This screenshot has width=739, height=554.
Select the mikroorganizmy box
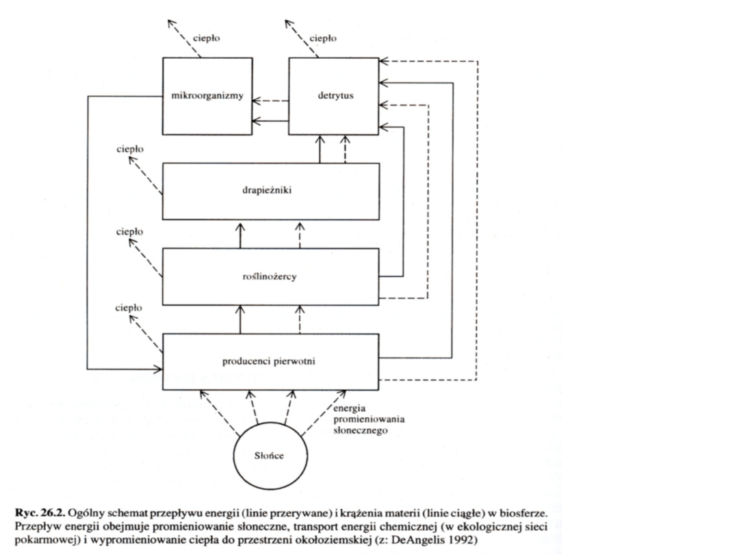[206, 96]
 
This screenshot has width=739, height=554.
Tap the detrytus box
[334, 96]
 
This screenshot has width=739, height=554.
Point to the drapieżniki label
[270, 191]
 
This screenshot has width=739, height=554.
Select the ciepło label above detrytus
[323, 38]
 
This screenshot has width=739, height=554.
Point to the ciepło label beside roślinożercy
[129, 231]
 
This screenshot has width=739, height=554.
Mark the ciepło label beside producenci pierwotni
[129, 308]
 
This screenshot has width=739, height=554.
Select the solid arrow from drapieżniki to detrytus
[319, 149]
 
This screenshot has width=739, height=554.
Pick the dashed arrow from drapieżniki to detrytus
[345, 149]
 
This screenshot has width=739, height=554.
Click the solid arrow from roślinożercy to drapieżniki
[240, 235]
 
